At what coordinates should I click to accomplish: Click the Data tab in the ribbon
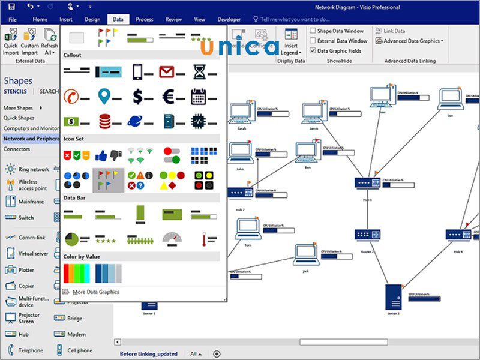tap(118, 19)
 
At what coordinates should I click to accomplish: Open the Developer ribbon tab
tap(229, 19)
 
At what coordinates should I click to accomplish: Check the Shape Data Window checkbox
tap(313, 31)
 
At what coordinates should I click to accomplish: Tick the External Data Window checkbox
tap(313, 41)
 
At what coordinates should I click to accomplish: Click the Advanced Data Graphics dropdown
tap(409, 41)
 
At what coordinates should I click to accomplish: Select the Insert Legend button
tap(291, 41)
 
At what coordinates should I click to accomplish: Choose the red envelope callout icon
tap(166, 73)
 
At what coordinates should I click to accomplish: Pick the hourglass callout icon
tap(199, 73)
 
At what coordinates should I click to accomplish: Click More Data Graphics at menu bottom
tap(95, 292)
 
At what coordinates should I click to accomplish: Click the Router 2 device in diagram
tap(364, 235)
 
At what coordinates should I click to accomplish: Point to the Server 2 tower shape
tap(393, 296)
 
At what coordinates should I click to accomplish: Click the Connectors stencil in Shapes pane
tap(17, 149)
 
